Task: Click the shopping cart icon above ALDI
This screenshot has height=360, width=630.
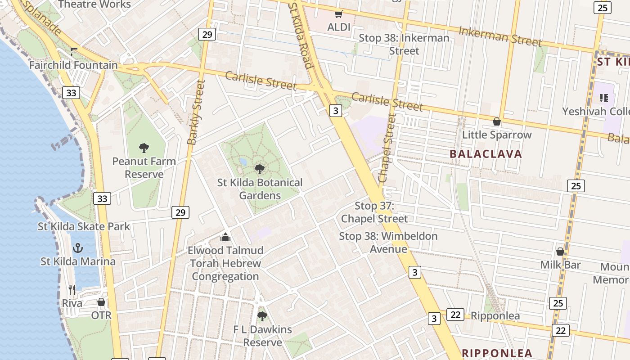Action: coord(338,14)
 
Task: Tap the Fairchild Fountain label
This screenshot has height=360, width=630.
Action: coord(73,65)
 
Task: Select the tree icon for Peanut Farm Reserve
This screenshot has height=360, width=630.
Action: coord(144,148)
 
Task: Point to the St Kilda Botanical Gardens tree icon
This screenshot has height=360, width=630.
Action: coord(259,169)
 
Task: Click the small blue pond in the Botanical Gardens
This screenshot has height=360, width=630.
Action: coord(243,162)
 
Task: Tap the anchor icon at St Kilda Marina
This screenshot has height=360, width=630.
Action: coord(78,248)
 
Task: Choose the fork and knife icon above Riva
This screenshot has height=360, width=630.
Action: coord(72,289)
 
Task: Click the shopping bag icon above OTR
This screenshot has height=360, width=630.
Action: coord(101,302)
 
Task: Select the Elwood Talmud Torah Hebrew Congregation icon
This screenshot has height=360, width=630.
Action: coord(225,237)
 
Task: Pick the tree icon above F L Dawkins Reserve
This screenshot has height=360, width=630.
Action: coord(262,316)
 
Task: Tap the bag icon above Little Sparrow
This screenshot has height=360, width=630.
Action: coord(497,121)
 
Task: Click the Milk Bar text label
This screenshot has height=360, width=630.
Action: coord(560,265)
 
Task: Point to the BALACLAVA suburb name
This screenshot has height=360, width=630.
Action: coord(486,154)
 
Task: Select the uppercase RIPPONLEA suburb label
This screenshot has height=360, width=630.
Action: coord(497,353)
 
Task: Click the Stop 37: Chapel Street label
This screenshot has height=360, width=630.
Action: coord(374,212)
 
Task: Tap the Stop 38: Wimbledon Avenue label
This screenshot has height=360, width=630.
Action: coord(388,243)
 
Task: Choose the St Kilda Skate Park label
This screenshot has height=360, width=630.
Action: coord(84,226)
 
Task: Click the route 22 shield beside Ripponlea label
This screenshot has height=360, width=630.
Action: coord(455,315)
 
